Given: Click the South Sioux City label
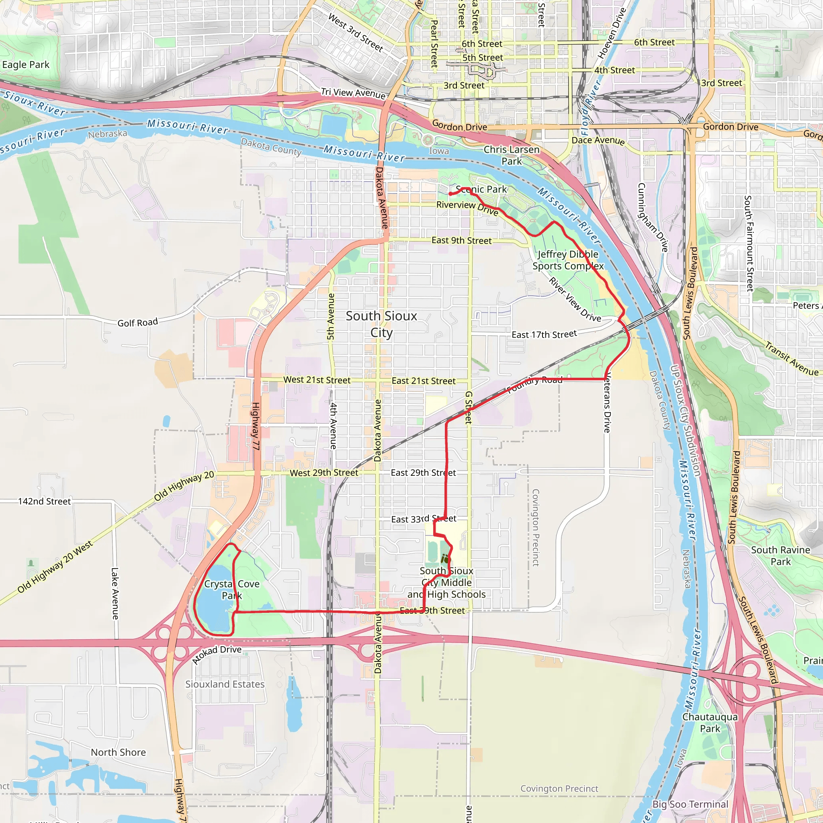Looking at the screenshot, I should pos(381,324).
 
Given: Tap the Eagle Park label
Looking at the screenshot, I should pos(26,65).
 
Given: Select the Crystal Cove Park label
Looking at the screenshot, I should pos(232,590).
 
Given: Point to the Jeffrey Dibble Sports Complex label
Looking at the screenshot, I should pos(568,260).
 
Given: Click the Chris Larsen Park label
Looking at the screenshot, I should pos(511,155).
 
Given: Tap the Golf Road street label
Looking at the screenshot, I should pos(137,322).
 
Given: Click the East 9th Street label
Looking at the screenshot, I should pos(461,240).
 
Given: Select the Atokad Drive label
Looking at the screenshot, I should pos(217,654).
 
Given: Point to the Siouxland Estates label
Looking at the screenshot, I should pos(225,684).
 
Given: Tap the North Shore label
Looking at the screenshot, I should pos(119,752).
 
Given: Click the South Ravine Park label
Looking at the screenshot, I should pos(780,555).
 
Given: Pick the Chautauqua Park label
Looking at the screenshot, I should pos(710,723).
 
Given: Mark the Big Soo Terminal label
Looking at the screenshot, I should pos(690,804).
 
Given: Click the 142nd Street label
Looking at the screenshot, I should pos(44,502).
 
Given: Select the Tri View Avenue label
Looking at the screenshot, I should pos(353,92).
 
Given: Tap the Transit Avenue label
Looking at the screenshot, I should pos(792,359).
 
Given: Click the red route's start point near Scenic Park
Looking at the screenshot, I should pos(450,194).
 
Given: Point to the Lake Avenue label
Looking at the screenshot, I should pos(115,594).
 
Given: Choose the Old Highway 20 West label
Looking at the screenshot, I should pos(55,567).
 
